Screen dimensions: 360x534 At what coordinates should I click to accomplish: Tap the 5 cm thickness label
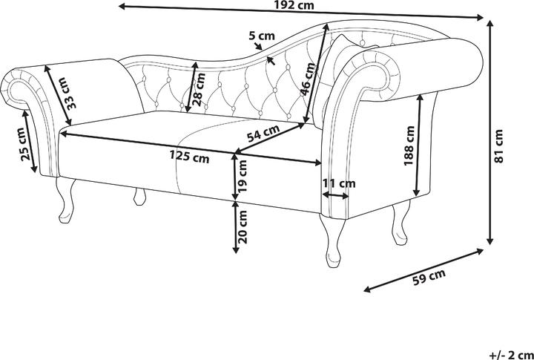(x=262, y=35)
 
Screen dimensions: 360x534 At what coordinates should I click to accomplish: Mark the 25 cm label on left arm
(x=24, y=144)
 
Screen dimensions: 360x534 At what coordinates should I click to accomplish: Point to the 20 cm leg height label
(x=243, y=226)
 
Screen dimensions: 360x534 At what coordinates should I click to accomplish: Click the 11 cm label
(x=339, y=183)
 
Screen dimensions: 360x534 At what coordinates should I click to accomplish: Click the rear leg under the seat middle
(x=139, y=197)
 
